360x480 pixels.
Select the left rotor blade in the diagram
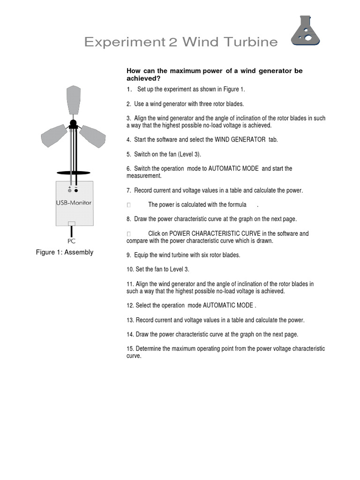(53, 136)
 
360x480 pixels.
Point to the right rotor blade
(94, 136)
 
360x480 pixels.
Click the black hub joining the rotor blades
(74, 124)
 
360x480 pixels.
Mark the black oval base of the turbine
(74, 172)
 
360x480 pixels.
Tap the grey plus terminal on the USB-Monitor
(70, 191)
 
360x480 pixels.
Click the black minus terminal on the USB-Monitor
(76, 191)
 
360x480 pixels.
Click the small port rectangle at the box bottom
(71, 224)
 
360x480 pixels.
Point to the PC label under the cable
(71, 241)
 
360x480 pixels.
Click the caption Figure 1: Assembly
(65, 252)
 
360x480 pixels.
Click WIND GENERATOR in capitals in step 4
(240, 140)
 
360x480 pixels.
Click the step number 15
(130, 349)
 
